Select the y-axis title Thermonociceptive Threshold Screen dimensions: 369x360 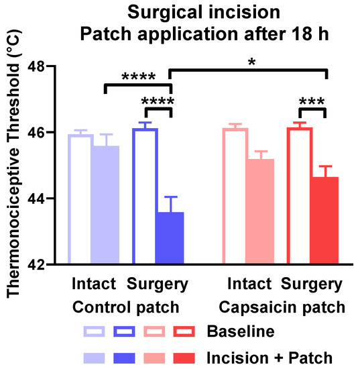click(15, 168)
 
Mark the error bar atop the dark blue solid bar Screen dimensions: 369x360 click(170, 204)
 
